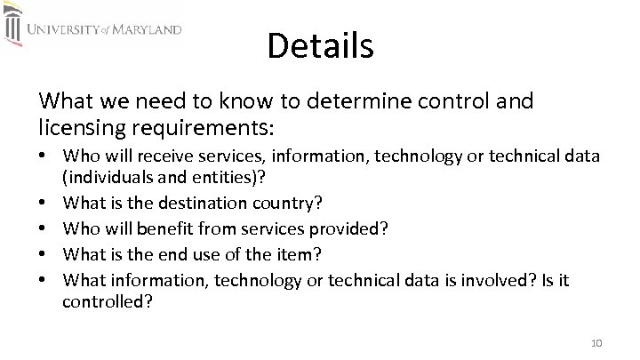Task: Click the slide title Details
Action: coord(320,45)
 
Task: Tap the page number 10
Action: coord(596,344)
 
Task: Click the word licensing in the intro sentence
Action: coord(75,125)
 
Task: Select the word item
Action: coord(299,255)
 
